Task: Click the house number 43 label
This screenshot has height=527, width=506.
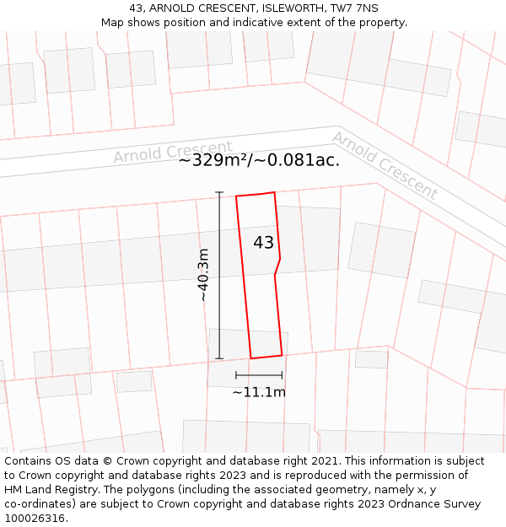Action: [x=263, y=243]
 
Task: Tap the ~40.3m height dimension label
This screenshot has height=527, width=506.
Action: [x=203, y=275]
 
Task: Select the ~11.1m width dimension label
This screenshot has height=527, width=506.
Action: [x=259, y=392]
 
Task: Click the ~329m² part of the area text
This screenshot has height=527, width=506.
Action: [x=215, y=160]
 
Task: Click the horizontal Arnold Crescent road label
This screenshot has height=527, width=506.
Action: [x=173, y=152]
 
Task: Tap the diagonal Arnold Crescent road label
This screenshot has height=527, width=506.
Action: [x=385, y=165]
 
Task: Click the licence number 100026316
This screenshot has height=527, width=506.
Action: [x=35, y=519]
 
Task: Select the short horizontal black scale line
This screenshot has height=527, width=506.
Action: [x=259, y=374]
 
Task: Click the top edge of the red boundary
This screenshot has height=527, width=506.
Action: [x=256, y=194]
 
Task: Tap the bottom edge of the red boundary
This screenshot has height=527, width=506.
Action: [x=266, y=357]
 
